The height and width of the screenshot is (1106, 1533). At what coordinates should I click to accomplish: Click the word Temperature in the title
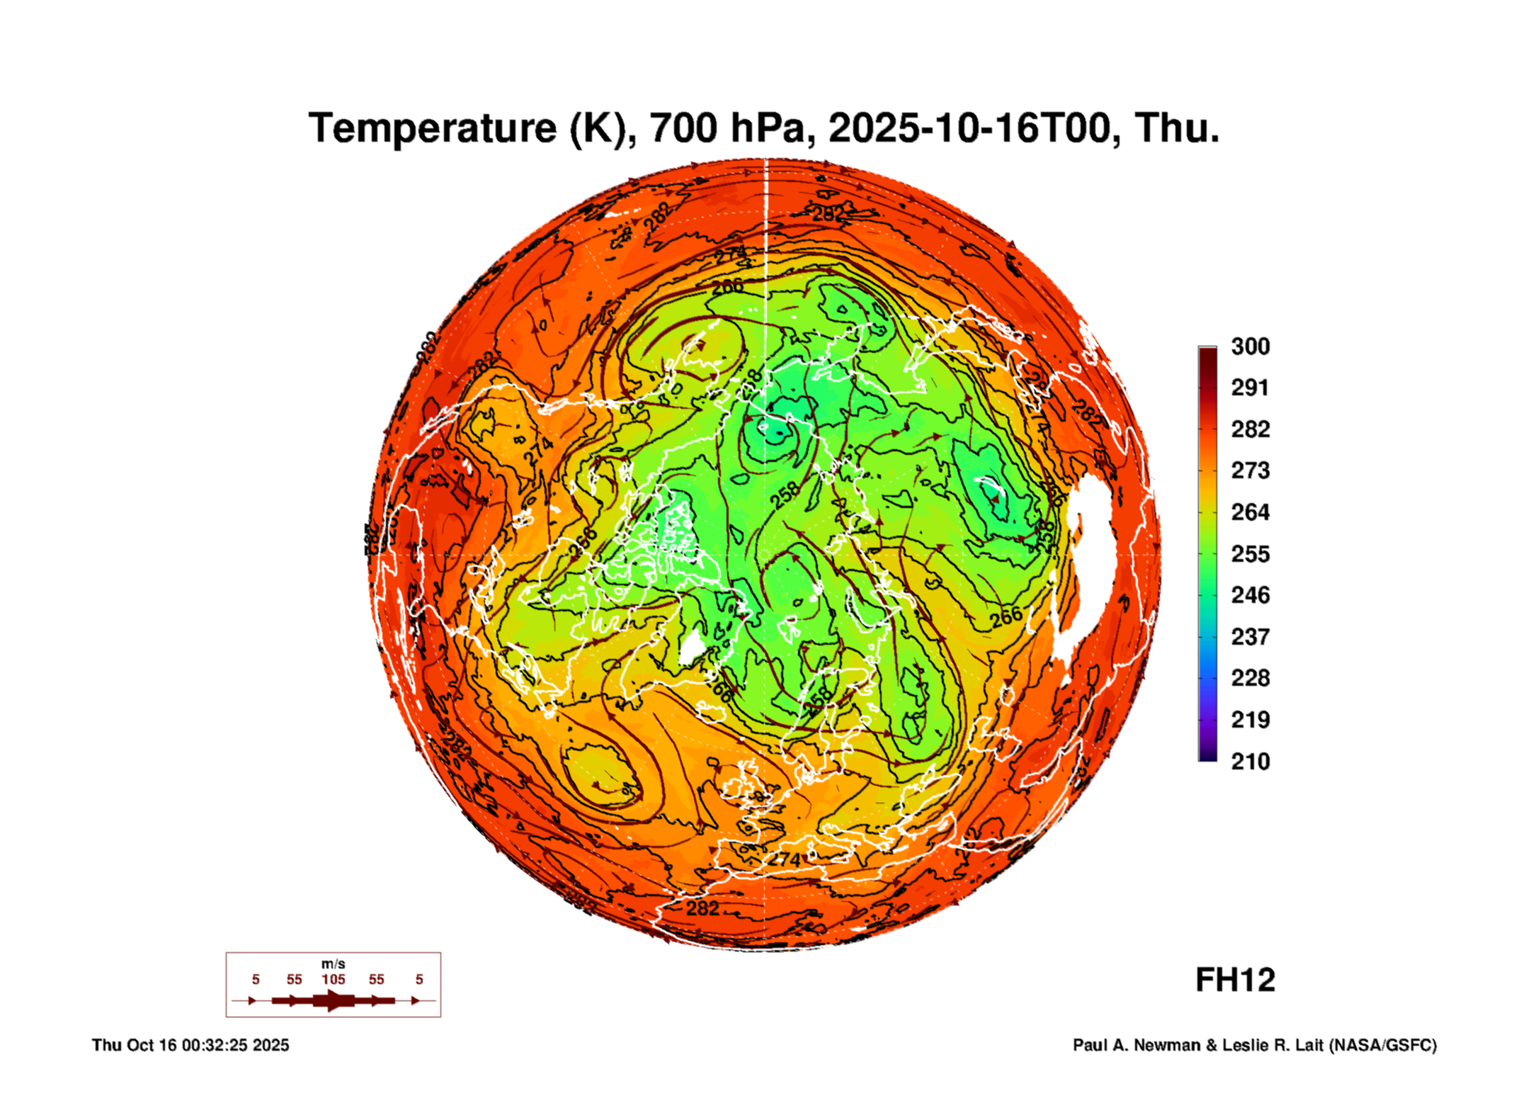click(433, 128)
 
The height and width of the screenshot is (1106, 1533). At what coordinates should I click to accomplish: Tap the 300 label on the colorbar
click(1250, 346)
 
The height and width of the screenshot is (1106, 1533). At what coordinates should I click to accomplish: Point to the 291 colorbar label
click(1250, 388)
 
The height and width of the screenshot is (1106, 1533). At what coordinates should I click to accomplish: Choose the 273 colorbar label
click(1250, 470)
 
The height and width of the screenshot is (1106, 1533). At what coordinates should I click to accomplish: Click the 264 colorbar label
click(1250, 512)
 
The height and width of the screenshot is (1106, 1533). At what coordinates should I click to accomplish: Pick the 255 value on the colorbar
click(1250, 553)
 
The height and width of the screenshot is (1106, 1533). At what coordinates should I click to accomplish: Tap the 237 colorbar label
click(1250, 636)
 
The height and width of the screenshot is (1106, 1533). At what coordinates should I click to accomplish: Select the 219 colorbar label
click(1250, 720)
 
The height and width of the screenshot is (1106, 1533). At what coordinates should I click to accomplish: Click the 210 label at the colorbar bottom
click(1250, 762)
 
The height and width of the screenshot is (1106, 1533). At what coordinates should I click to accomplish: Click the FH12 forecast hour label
click(1235, 981)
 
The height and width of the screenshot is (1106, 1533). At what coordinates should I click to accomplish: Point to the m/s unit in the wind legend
click(333, 964)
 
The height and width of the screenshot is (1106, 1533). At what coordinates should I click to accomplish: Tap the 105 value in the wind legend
click(333, 979)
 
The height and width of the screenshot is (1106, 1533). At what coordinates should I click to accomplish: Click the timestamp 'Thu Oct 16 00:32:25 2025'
click(190, 1045)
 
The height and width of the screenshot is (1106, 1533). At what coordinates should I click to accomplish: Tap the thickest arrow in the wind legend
click(333, 1000)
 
